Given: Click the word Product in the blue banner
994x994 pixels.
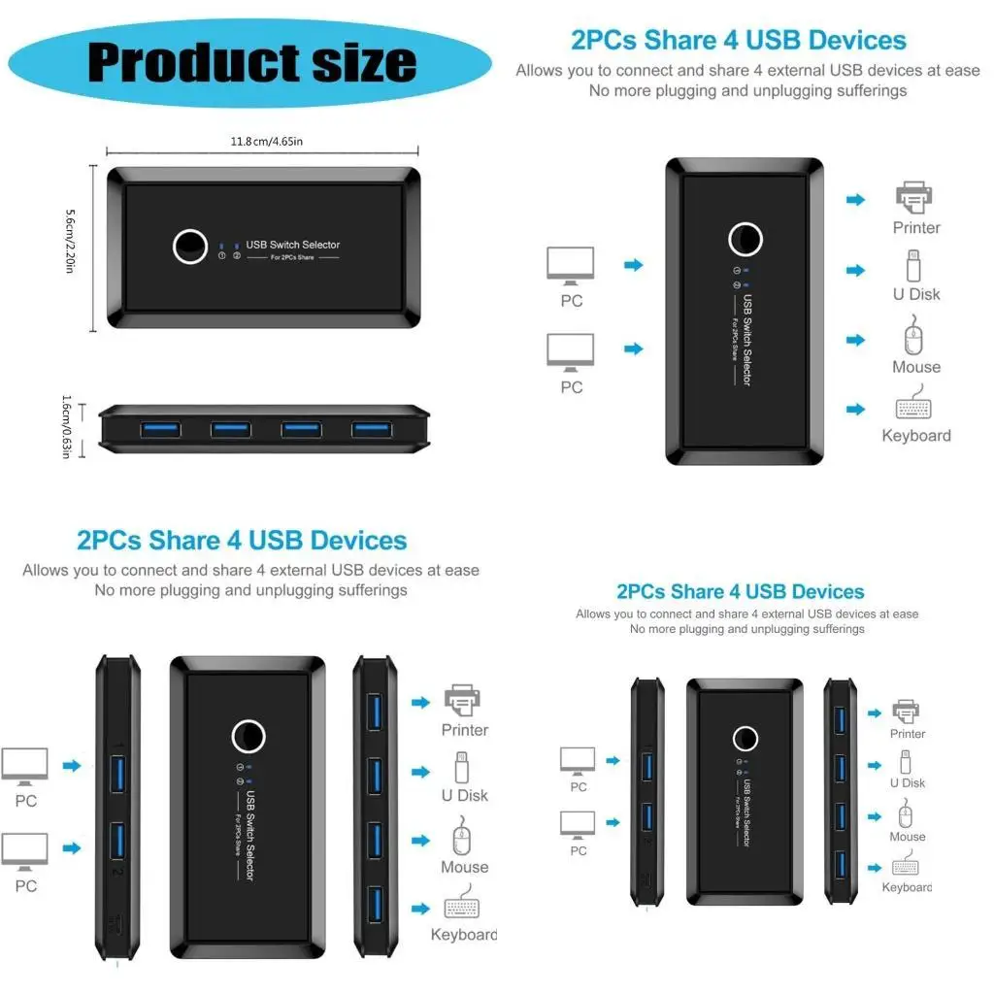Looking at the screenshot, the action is (184, 62).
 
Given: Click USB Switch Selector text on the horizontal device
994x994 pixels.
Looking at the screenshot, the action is (292, 245).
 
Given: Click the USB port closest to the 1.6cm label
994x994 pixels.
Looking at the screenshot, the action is (160, 429).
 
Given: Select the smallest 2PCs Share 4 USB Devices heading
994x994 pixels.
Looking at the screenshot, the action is (740, 591).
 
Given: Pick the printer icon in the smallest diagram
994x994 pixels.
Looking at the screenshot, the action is (907, 711).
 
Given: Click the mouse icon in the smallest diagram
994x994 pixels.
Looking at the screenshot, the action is (907, 813).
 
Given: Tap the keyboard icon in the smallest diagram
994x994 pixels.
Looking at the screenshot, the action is (907, 867).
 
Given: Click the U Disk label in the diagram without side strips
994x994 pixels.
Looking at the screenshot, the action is (916, 294).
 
